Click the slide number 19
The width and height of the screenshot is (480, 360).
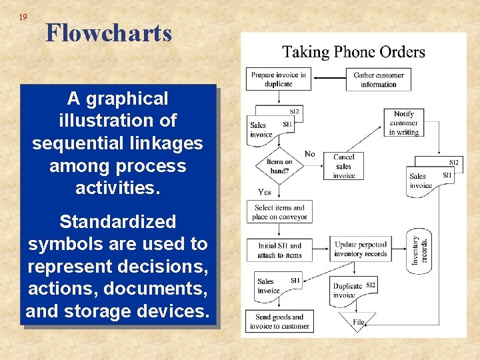click(23, 17)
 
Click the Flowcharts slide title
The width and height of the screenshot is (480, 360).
click(109, 33)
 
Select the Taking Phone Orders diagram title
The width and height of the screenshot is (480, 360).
click(353, 52)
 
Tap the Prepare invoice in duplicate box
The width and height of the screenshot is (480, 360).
click(278, 79)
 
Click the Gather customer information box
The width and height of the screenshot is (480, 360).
click(379, 79)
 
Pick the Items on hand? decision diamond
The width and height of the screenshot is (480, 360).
click(279, 166)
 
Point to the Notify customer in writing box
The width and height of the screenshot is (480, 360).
click(404, 123)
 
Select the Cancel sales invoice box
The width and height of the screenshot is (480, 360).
click(344, 166)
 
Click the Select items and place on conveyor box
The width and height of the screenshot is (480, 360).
click(279, 212)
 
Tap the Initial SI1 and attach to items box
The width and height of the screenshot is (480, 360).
click(279, 250)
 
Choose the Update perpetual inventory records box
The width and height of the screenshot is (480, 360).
click(360, 249)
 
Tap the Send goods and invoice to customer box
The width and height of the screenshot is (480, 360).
click(279, 322)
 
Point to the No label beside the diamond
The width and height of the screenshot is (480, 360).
click(309, 155)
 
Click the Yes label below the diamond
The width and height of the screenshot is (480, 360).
click(264, 192)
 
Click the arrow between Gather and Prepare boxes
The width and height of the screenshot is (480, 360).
click(330, 79)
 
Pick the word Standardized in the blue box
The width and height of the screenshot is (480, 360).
click(118, 222)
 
